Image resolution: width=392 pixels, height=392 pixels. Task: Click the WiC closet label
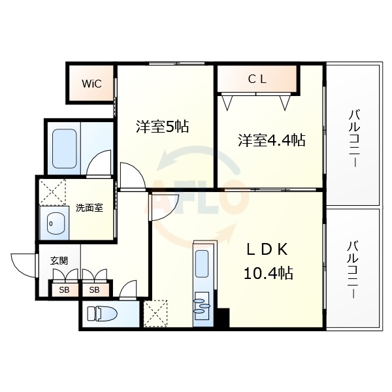tap(91, 84)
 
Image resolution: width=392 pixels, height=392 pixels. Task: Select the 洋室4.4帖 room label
tap(270, 140)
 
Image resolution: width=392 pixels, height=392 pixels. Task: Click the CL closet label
tap(257, 80)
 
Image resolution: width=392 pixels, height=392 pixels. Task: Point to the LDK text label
tap(267, 250)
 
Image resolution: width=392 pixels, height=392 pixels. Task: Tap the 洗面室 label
tap(89, 208)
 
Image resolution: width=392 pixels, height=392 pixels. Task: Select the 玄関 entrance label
tap(59, 260)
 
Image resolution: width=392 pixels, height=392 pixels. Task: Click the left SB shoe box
tap(65, 289)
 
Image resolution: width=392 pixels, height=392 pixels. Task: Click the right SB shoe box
tap(95, 289)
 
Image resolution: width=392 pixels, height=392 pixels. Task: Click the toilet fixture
tap(105, 314)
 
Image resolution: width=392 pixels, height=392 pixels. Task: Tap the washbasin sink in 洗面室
tap(54, 223)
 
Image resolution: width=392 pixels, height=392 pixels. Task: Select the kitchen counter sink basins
tap(203, 303)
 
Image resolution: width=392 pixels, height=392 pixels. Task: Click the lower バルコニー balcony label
tap(353, 270)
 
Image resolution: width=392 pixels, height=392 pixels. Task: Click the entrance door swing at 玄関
tap(23, 265)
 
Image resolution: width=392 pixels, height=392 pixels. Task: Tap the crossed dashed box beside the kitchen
tap(157, 312)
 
